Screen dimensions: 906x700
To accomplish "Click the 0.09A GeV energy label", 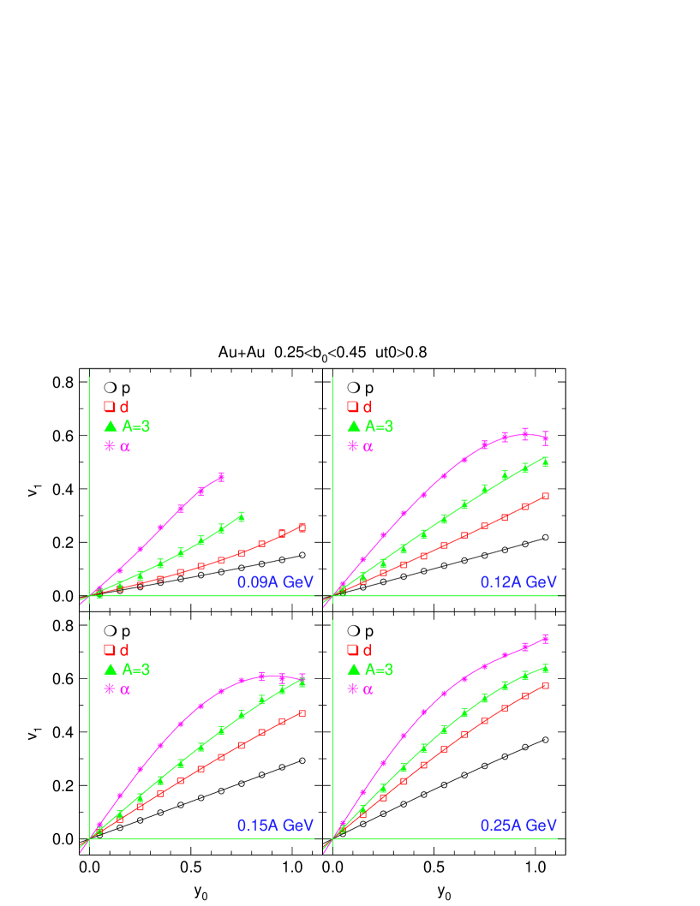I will [275, 582].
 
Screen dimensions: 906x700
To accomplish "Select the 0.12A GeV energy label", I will [518, 582].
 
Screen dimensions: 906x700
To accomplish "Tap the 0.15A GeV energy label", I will [275, 826].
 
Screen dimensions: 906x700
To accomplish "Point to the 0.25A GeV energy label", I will [518, 826].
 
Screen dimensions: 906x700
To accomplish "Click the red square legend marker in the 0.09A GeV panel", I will [110, 407].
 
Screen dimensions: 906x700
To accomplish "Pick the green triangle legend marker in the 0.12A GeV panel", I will [353, 426].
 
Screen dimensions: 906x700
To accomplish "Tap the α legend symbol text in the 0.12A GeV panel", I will [368, 446].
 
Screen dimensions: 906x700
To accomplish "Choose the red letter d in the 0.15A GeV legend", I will [124, 650].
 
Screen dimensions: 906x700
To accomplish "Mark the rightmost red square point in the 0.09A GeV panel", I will [302, 527].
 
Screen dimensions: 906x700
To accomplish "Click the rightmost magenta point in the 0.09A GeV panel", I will [221, 476].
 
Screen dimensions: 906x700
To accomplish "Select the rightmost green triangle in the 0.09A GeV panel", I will [242, 516].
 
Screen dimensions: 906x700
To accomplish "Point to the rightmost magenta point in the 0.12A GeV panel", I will [546, 438].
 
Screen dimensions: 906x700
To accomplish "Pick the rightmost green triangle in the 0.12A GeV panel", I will [546, 462].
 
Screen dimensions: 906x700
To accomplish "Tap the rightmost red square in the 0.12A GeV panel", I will [546, 496].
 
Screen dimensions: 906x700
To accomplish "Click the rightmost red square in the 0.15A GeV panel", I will [302, 712].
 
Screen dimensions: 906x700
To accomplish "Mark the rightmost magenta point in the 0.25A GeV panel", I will [546, 638].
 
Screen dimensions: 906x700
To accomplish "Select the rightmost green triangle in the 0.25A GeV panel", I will [546, 667].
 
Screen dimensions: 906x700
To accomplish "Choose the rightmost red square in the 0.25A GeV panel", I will [546, 685].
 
